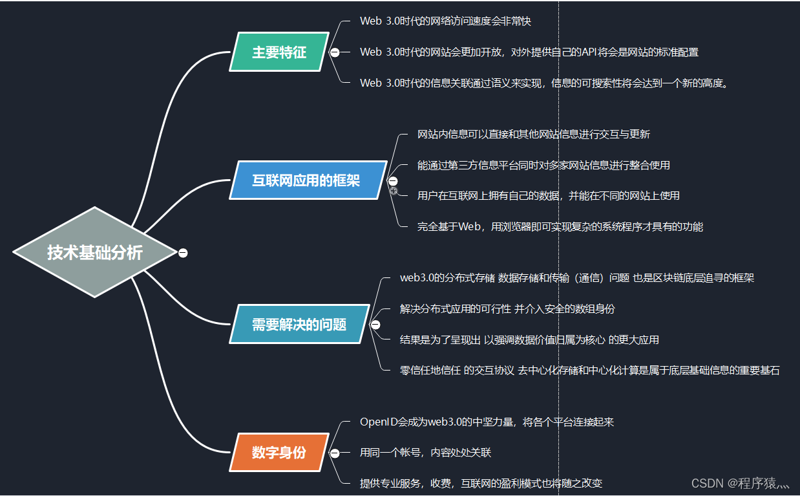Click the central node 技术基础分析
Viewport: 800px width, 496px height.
94,252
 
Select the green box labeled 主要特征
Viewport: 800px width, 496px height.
279,52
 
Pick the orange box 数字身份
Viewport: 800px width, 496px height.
279,453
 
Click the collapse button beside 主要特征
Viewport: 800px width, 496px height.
335,52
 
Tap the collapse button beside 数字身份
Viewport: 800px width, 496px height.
335,453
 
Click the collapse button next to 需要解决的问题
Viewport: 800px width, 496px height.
375,325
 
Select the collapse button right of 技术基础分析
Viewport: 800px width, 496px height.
183,253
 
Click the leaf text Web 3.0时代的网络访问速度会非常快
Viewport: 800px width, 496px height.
445,21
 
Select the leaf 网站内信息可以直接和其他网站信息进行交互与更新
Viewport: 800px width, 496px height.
533,135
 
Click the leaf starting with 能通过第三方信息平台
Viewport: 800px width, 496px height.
543,165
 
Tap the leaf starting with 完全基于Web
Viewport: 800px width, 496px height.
560,226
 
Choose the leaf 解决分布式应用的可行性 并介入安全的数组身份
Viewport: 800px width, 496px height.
507,309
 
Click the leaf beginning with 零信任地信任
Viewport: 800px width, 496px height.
589,371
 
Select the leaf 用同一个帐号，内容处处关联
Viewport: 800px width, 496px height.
425,453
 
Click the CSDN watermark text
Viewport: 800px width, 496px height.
741,483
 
